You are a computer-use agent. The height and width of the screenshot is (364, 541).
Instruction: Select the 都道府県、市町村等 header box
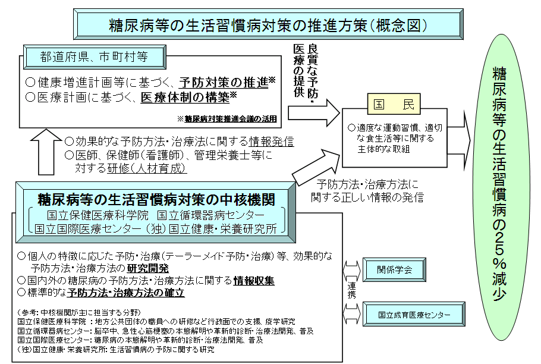point(94,57)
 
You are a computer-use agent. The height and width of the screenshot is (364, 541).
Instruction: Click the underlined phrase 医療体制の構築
point(184,96)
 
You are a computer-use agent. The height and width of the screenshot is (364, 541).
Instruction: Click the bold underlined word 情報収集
point(254,280)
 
